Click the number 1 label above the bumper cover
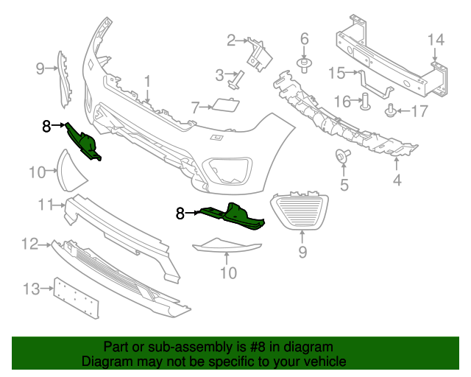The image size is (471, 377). [x=146, y=80]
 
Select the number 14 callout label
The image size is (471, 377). [x=436, y=39]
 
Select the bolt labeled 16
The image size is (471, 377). [x=364, y=102]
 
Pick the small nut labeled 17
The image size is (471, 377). [x=391, y=112]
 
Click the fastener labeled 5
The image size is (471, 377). [x=342, y=155]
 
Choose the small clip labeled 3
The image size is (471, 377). [x=236, y=80]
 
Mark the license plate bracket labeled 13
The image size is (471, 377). [x=76, y=298]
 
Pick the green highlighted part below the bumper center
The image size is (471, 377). [x=232, y=216]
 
